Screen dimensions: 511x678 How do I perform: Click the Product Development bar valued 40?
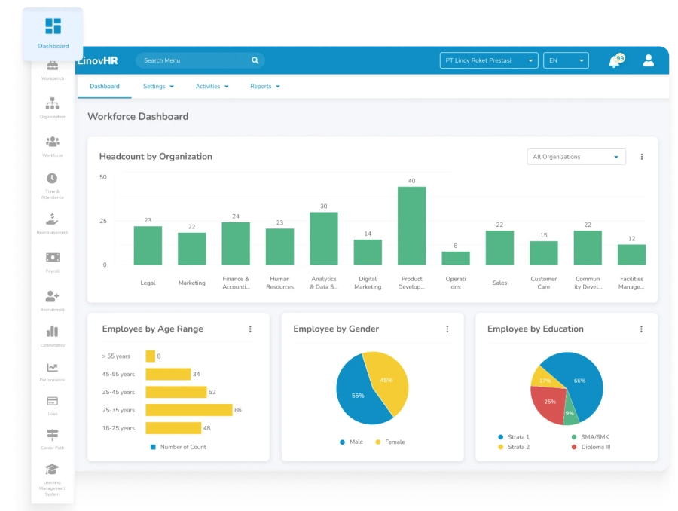pyautogui.click(x=411, y=226)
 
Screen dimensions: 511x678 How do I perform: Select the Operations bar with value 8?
pyautogui.click(x=455, y=259)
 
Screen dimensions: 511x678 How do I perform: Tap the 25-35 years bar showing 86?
pyautogui.click(x=188, y=410)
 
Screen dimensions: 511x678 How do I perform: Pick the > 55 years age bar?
pyautogui.click(x=150, y=356)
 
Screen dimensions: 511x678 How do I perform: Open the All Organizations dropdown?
pyautogui.click(x=576, y=157)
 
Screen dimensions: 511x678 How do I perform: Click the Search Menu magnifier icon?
pyautogui.click(x=255, y=60)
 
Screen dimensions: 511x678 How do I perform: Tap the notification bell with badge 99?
pyautogui.click(x=615, y=61)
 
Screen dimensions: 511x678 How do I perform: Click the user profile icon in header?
pyautogui.click(x=648, y=60)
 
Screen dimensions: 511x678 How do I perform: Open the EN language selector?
pyautogui.click(x=565, y=60)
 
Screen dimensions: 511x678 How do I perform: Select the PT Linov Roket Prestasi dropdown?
pyautogui.click(x=488, y=60)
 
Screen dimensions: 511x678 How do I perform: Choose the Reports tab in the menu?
pyautogui.click(x=264, y=87)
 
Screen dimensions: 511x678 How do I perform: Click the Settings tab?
pyautogui.click(x=158, y=87)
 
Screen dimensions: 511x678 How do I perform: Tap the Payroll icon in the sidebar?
pyautogui.click(x=52, y=258)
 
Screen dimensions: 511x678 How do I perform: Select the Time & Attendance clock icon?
pyautogui.click(x=52, y=179)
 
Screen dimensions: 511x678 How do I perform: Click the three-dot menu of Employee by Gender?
pyautogui.click(x=447, y=329)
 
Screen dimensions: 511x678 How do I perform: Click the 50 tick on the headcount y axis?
pyautogui.click(x=103, y=177)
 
